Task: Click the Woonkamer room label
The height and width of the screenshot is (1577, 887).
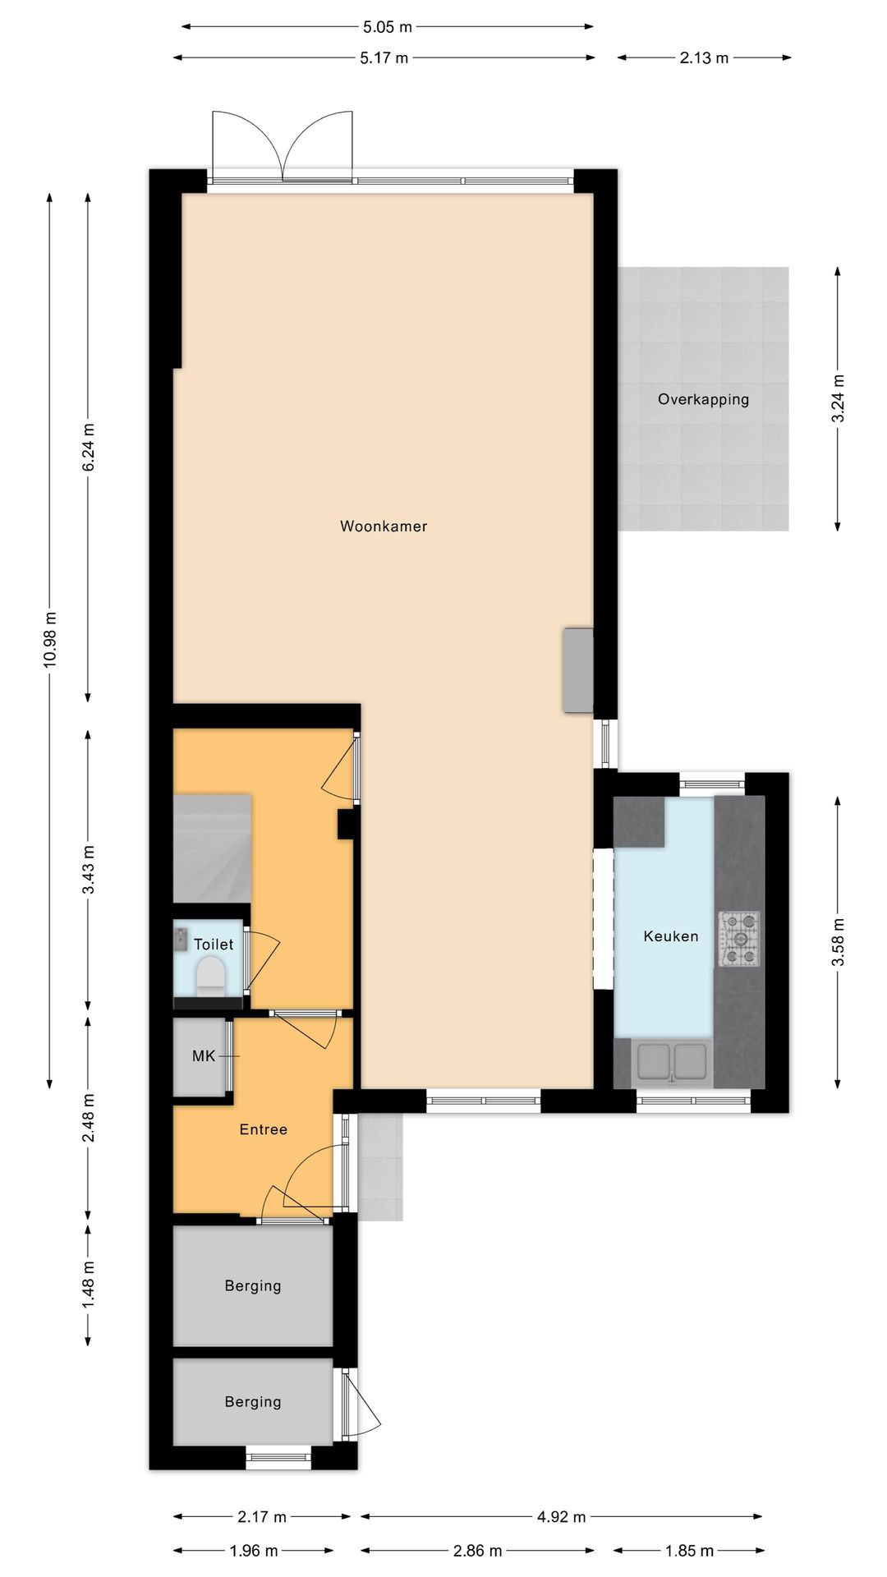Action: pos(384,526)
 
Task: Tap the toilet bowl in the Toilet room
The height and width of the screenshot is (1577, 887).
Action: pos(212,976)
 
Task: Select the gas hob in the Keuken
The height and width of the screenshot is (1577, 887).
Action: pos(739,938)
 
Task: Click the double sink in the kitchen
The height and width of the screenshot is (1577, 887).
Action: pos(672,1060)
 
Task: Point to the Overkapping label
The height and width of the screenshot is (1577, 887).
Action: pos(703,400)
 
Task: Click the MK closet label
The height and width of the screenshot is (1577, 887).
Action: pos(204,1056)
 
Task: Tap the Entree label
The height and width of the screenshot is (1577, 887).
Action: pos(264,1130)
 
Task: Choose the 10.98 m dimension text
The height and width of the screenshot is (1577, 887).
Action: pos(50,640)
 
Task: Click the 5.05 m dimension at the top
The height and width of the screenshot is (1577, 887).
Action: pos(388,27)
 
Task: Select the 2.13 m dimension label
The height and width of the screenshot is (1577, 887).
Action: pos(704,58)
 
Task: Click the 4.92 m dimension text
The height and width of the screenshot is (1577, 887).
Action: pos(561,1517)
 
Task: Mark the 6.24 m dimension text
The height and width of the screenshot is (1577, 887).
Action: pos(89,447)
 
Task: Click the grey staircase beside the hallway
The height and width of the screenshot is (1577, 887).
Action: pos(211,848)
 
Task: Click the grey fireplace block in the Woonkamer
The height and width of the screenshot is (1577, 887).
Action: pos(577,670)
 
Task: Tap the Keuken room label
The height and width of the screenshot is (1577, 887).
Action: pos(671,936)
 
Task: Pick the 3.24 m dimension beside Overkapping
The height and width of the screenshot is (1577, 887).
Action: pos(838,398)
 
